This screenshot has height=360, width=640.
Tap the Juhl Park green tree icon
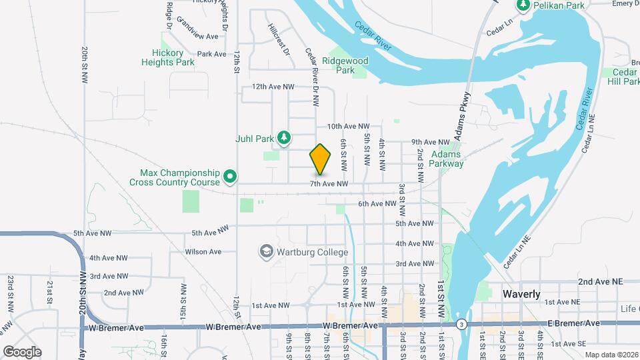[285, 139]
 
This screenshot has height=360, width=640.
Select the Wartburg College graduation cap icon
[267, 252]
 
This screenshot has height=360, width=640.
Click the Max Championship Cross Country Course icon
[230, 177]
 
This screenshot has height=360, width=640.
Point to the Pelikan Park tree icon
[524, 5]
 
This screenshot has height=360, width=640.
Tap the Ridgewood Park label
[345, 65]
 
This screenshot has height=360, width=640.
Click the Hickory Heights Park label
[168, 57]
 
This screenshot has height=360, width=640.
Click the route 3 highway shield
[461, 324]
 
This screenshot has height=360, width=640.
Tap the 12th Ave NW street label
[273, 87]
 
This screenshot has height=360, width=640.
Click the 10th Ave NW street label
[347, 126]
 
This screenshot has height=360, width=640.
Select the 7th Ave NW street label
[329, 183]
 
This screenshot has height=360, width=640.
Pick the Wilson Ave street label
[203, 252]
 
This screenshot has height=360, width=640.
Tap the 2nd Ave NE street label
[600, 282]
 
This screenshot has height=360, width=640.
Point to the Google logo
[22, 351]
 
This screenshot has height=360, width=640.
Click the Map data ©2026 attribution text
[611, 354]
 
